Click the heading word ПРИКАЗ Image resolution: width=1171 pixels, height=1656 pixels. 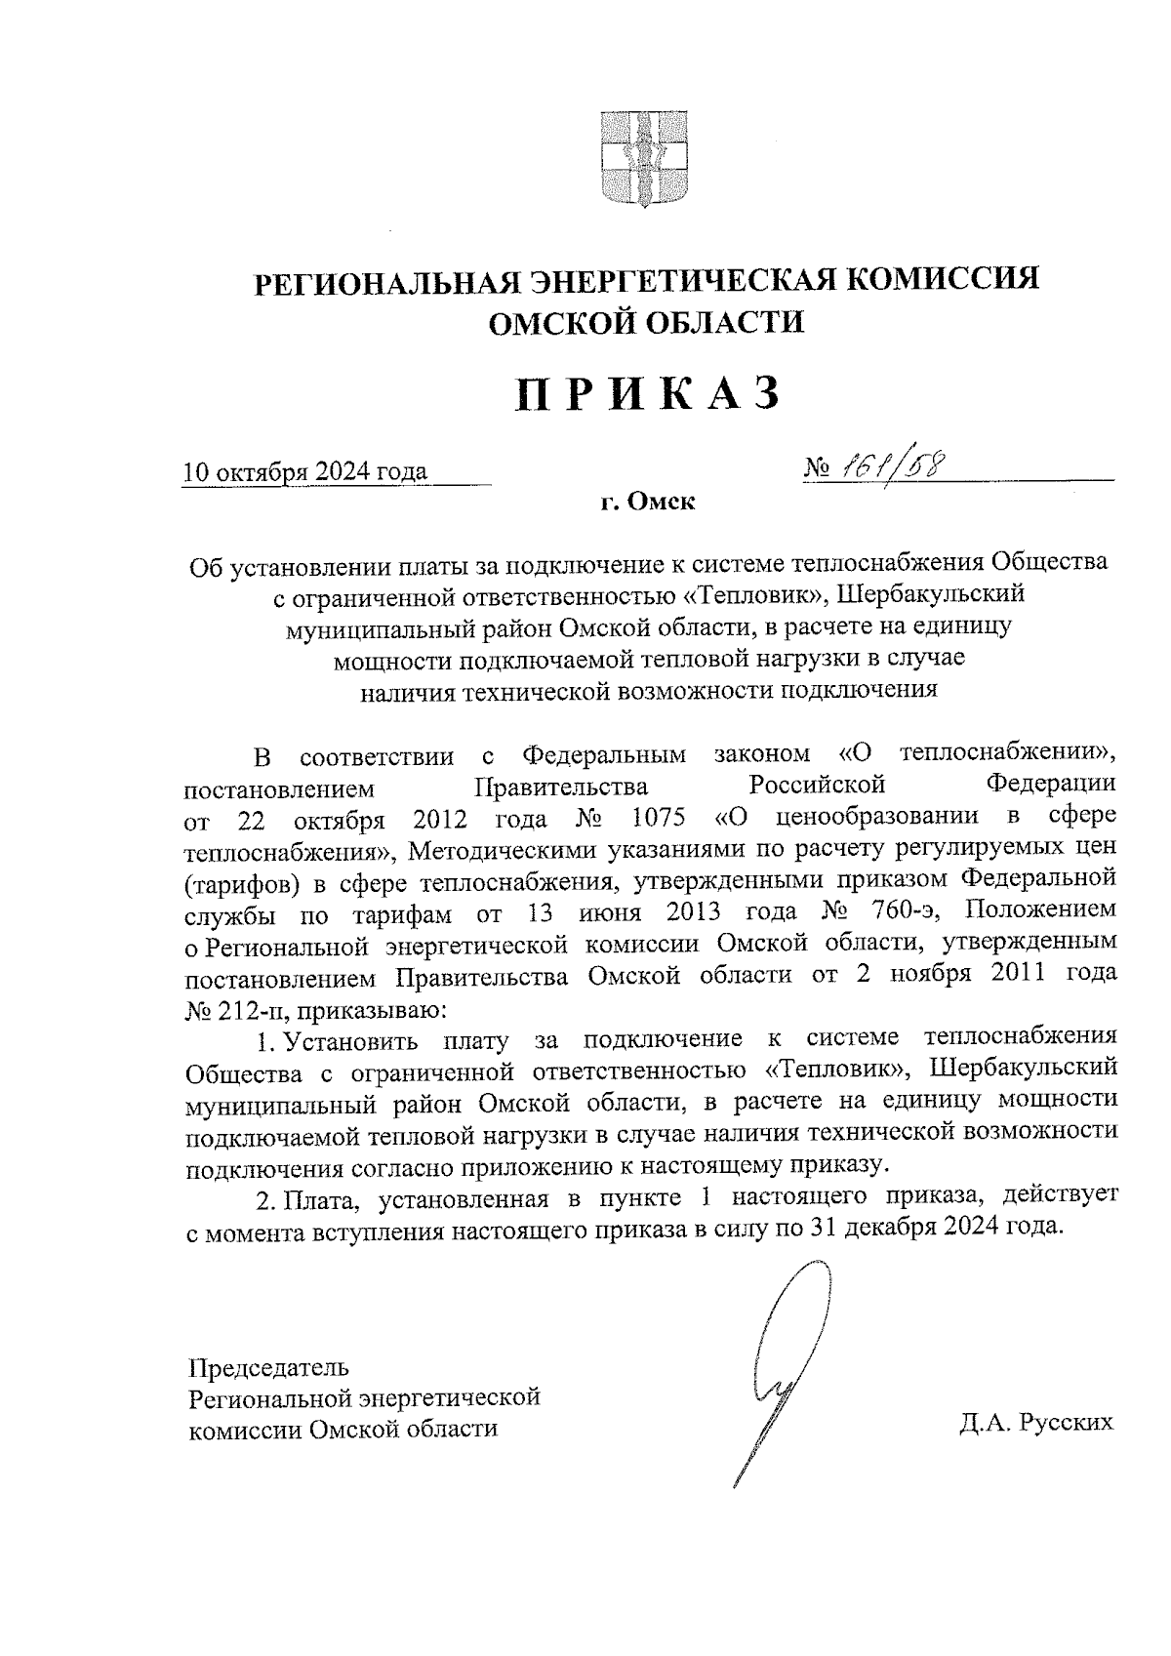click(648, 395)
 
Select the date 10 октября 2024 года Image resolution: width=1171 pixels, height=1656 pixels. click(305, 472)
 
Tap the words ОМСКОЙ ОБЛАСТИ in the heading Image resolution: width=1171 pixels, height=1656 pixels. click(646, 322)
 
